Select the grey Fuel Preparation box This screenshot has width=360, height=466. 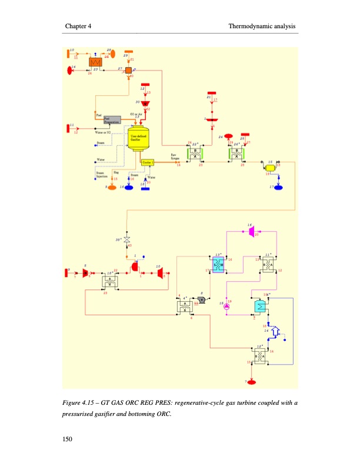pos(112,119)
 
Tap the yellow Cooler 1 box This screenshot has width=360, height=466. pos(147,162)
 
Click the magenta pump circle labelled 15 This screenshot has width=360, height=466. pos(228,305)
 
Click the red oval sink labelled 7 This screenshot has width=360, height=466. pos(252,383)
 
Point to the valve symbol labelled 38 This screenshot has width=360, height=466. pos(126,241)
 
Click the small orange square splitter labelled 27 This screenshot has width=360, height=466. pos(128,70)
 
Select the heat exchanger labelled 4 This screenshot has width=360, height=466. pos(185,305)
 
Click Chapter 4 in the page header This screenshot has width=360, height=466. pos(78,26)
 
